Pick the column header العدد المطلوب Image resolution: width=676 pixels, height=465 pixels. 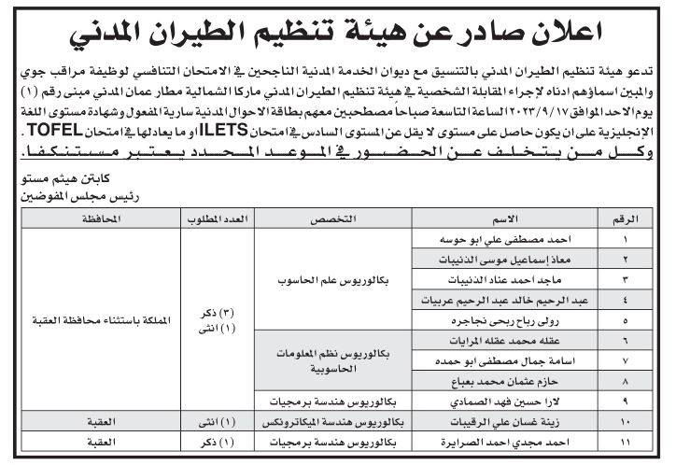218,219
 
